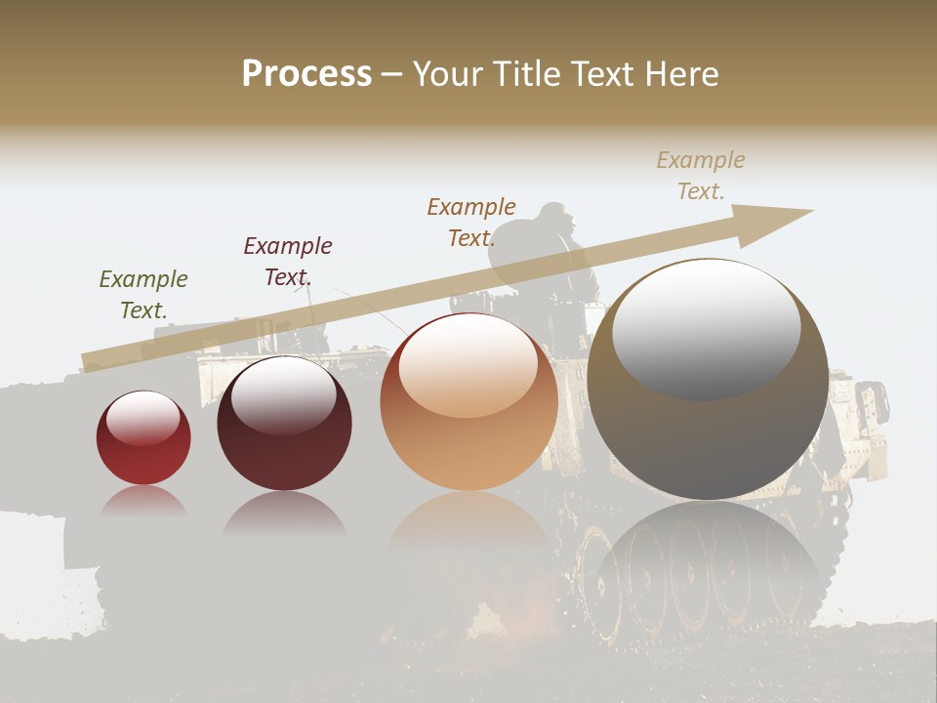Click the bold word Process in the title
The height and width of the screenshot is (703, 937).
(306, 74)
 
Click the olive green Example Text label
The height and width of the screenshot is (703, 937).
(143, 295)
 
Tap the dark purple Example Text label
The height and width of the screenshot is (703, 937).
(288, 262)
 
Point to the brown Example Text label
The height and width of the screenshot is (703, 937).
(471, 222)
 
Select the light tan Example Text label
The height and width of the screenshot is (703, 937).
(701, 176)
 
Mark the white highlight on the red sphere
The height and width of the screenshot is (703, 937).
(143, 418)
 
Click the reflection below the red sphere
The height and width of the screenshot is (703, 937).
(143, 503)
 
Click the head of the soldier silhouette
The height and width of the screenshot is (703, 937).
(554, 217)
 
